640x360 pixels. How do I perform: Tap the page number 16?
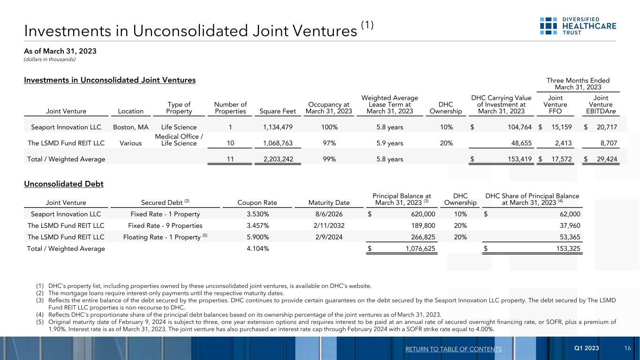pos(627,348)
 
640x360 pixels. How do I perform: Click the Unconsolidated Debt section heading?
pos(64,184)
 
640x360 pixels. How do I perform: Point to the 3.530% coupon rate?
pos(258,214)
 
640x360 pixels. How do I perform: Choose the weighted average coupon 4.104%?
pos(258,248)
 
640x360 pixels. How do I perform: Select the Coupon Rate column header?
pos(258,203)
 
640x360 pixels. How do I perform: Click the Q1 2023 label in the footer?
pos(587,348)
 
